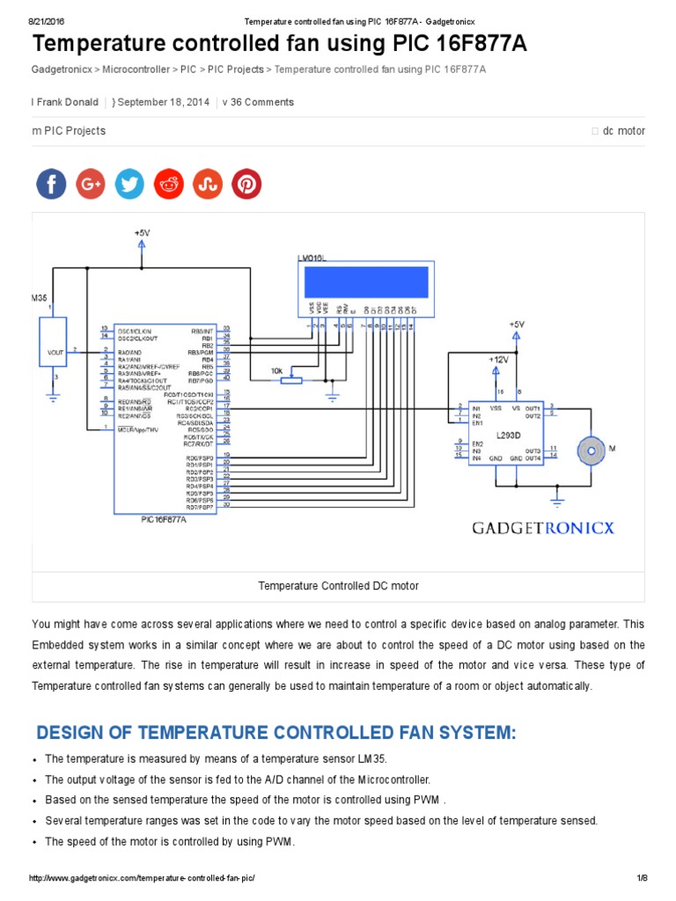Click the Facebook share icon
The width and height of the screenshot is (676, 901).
point(51,184)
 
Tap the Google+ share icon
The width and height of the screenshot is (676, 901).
point(90,184)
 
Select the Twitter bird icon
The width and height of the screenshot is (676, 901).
point(129,184)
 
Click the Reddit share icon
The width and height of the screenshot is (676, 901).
point(168,184)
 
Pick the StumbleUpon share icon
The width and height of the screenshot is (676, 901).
point(208,184)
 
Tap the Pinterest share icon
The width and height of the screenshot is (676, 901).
point(246,184)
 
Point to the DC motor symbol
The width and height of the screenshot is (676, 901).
point(591,451)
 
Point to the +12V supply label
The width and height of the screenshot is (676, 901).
point(498,359)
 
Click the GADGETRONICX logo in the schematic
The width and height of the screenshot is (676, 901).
point(543,528)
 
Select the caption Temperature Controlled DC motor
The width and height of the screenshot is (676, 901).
point(338,585)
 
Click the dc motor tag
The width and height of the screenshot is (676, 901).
point(623,131)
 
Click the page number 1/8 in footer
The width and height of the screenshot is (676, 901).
point(642,879)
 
